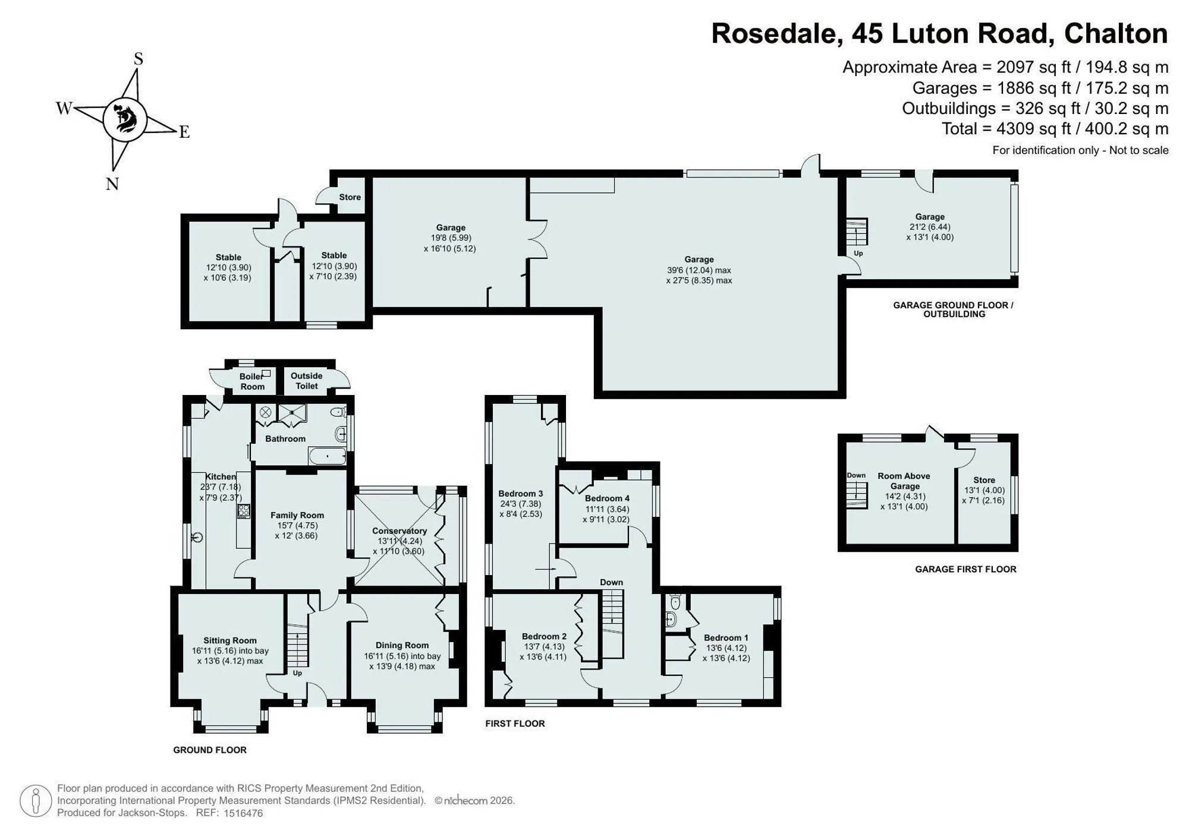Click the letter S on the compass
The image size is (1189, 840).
coord(139,58)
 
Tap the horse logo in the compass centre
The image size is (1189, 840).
coord(125,119)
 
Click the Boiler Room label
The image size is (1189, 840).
coord(252,381)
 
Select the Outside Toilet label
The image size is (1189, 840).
coord(307,381)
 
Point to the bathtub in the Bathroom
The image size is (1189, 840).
coord(327,456)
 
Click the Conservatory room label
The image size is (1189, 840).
coord(400,531)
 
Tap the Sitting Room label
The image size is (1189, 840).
coord(230,640)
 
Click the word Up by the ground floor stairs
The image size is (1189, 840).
coord(297,673)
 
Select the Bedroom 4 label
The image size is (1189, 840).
coord(607,498)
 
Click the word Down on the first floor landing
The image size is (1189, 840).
coord(611,582)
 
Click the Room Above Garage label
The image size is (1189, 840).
coord(904,481)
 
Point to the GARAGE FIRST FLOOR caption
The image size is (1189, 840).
coord(966,569)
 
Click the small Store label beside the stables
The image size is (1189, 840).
coord(350,197)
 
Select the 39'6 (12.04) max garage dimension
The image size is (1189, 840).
coord(699,270)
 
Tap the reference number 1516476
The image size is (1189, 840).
coord(243,813)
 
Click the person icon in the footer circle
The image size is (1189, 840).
coord(36,801)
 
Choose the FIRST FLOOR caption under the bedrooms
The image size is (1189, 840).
coord(515,724)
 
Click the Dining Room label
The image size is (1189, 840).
coord(402,645)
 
